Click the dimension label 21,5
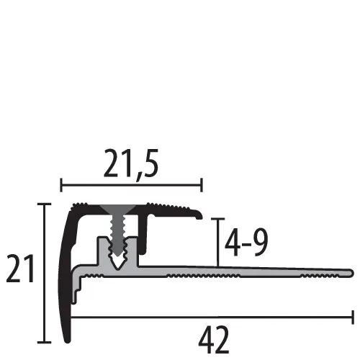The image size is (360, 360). pyautogui.click(x=131, y=163)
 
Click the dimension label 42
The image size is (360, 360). pyautogui.click(x=214, y=340)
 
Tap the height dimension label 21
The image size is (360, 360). pyautogui.click(x=20, y=269)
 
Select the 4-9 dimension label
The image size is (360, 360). pyautogui.click(x=246, y=243)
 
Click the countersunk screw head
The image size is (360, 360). pyautogui.click(x=117, y=210)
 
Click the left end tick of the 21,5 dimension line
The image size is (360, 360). pyautogui.click(x=61, y=185)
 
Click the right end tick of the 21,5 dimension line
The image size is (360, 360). pyautogui.click(x=202, y=185)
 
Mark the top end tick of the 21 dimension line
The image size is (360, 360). pyautogui.click(x=44, y=204)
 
